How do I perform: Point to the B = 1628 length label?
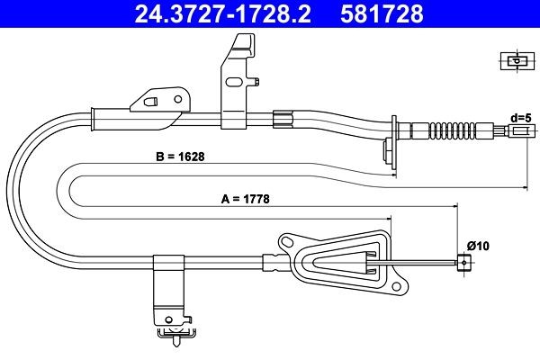point(180,157)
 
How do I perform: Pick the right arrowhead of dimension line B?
point(524,187)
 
